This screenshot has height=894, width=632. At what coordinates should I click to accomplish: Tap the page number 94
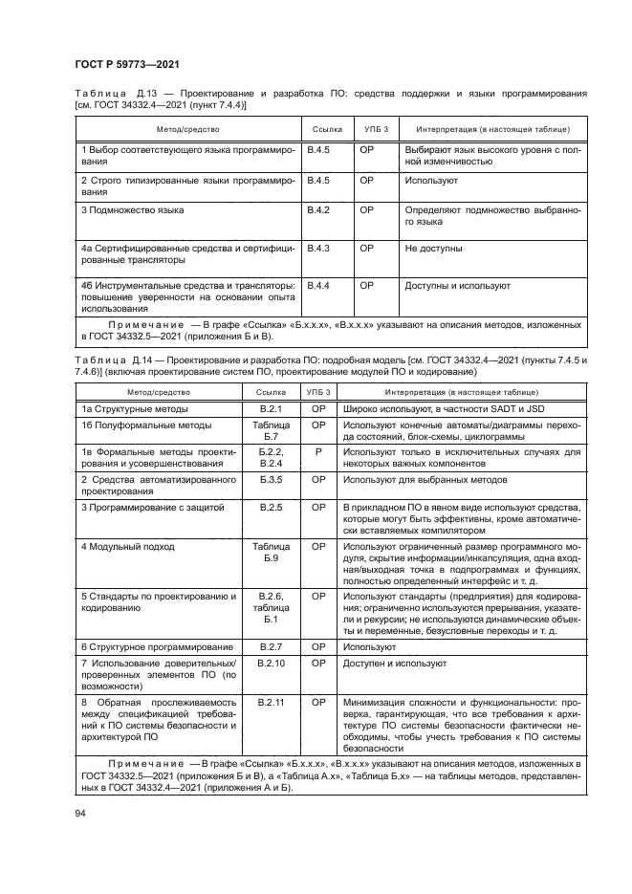pyautogui.click(x=79, y=813)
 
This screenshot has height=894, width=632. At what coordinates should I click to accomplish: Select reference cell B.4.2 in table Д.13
pyautogui.click(x=317, y=209)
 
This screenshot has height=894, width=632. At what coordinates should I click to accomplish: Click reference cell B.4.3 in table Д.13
pyautogui.click(x=317, y=249)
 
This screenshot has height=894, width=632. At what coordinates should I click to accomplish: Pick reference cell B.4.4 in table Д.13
pyautogui.click(x=317, y=286)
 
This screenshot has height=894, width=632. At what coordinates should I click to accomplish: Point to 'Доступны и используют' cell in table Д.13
pyautogui.click(x=457, y=286)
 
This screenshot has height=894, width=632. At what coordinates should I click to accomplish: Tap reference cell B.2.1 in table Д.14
pyautogui.click(x=271, y=409)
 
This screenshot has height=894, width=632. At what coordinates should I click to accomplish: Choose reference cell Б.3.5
pyautogui.click(x=271, y=479)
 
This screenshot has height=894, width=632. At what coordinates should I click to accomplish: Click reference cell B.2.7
pyautogui.click(x=271, y=647)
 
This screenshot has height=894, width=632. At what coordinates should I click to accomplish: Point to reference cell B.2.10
pyautogui.click(x=271, y=663)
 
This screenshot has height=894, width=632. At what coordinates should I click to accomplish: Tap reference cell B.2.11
pyautogui.click(x=271, y=702)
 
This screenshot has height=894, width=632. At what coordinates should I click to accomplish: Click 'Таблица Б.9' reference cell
pyautogui.click(x=271, y=552)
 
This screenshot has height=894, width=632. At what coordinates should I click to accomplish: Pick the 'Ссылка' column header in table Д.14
pyautogui.click(x=271, y=392)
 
